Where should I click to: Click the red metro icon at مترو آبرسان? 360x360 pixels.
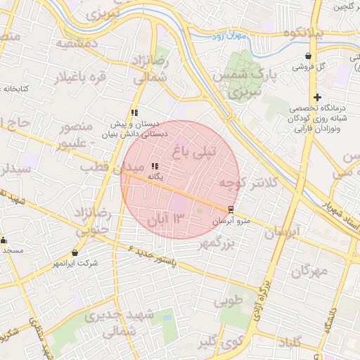[x=231, y=210]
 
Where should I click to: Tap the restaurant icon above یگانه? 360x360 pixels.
[x=155, y=167]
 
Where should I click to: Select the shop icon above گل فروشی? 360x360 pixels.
[x=309, y=56]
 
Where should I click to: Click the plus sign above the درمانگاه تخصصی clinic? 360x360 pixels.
[x=317, y=97]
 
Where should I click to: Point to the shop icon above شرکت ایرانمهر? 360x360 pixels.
[x=75, y=252]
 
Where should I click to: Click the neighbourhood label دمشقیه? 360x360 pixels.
[x=65, y=43]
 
